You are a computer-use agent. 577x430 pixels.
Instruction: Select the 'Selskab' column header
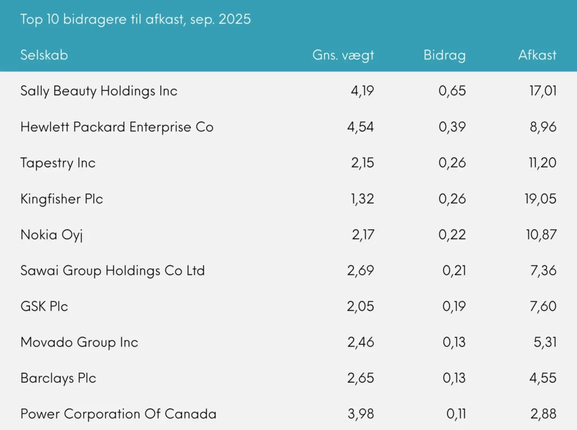pyautogui.click(x=44, y=55)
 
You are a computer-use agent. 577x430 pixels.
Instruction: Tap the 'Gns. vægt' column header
pyautogui.click(x=343, y=55)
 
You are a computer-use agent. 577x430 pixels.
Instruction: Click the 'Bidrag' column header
pyautogui.click(x=445, y=55)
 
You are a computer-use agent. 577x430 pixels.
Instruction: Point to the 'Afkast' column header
pyautogui.click(x=537, y=55)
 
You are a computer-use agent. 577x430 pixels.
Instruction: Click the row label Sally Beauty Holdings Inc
pyautogui.click(x=99, y=91)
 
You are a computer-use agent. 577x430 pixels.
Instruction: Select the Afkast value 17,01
pyautogui.click(x=542, y=91)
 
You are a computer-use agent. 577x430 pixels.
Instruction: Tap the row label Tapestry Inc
pyautogui.click(x=58, y=163)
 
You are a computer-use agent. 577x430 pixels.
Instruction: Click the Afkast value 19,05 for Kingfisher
pyautogui.click(x=542, y=199)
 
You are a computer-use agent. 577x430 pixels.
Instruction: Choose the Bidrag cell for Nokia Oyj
pyautogui.click(x=452, y=235)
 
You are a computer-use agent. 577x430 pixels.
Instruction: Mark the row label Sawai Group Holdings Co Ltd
pyautogui.click(x=113, y=270)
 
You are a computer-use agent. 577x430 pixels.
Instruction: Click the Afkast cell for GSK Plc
pyautogui.click(x=543, y=306)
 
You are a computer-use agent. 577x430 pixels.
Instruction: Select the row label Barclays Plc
pyautogui.click(x=58, y=378)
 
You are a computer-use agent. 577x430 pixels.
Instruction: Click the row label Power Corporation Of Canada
pyautogui.click(x=118, y=414)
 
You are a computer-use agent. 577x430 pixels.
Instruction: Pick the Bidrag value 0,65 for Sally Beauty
pyautogui.click(x=452, y=91)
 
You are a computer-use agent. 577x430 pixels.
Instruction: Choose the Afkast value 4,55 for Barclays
pyautogui.click(x=543, y=378)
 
